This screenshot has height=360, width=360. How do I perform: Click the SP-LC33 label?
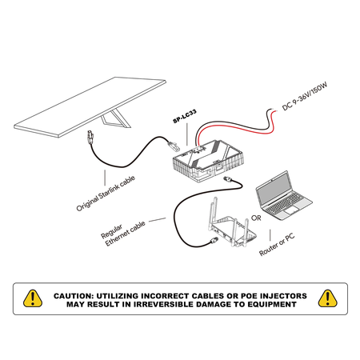coord(185,116)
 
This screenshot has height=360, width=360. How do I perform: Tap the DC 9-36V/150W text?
coord(305,96)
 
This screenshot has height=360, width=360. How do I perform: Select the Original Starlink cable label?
coord(106,193)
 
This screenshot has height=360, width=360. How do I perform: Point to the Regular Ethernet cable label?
coord(122,234)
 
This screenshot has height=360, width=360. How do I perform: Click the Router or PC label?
coord(277,244)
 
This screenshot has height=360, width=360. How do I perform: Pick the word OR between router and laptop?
coord(256,218)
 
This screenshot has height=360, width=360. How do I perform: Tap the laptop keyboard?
coord(286,203)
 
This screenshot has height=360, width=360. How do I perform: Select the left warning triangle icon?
coord(33,298)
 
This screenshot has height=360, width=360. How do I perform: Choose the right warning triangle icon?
coord(328,298)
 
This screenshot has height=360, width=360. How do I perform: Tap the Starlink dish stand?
coord(115,119)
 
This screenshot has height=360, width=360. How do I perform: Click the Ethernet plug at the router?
coord(214,240)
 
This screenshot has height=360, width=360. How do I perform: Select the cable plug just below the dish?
coord(90,137)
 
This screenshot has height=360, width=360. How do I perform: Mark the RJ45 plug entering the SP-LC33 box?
coord(174,146)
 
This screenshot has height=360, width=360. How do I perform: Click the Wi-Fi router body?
coord(232,230)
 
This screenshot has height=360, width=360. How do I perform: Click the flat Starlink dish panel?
coord(90,106)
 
